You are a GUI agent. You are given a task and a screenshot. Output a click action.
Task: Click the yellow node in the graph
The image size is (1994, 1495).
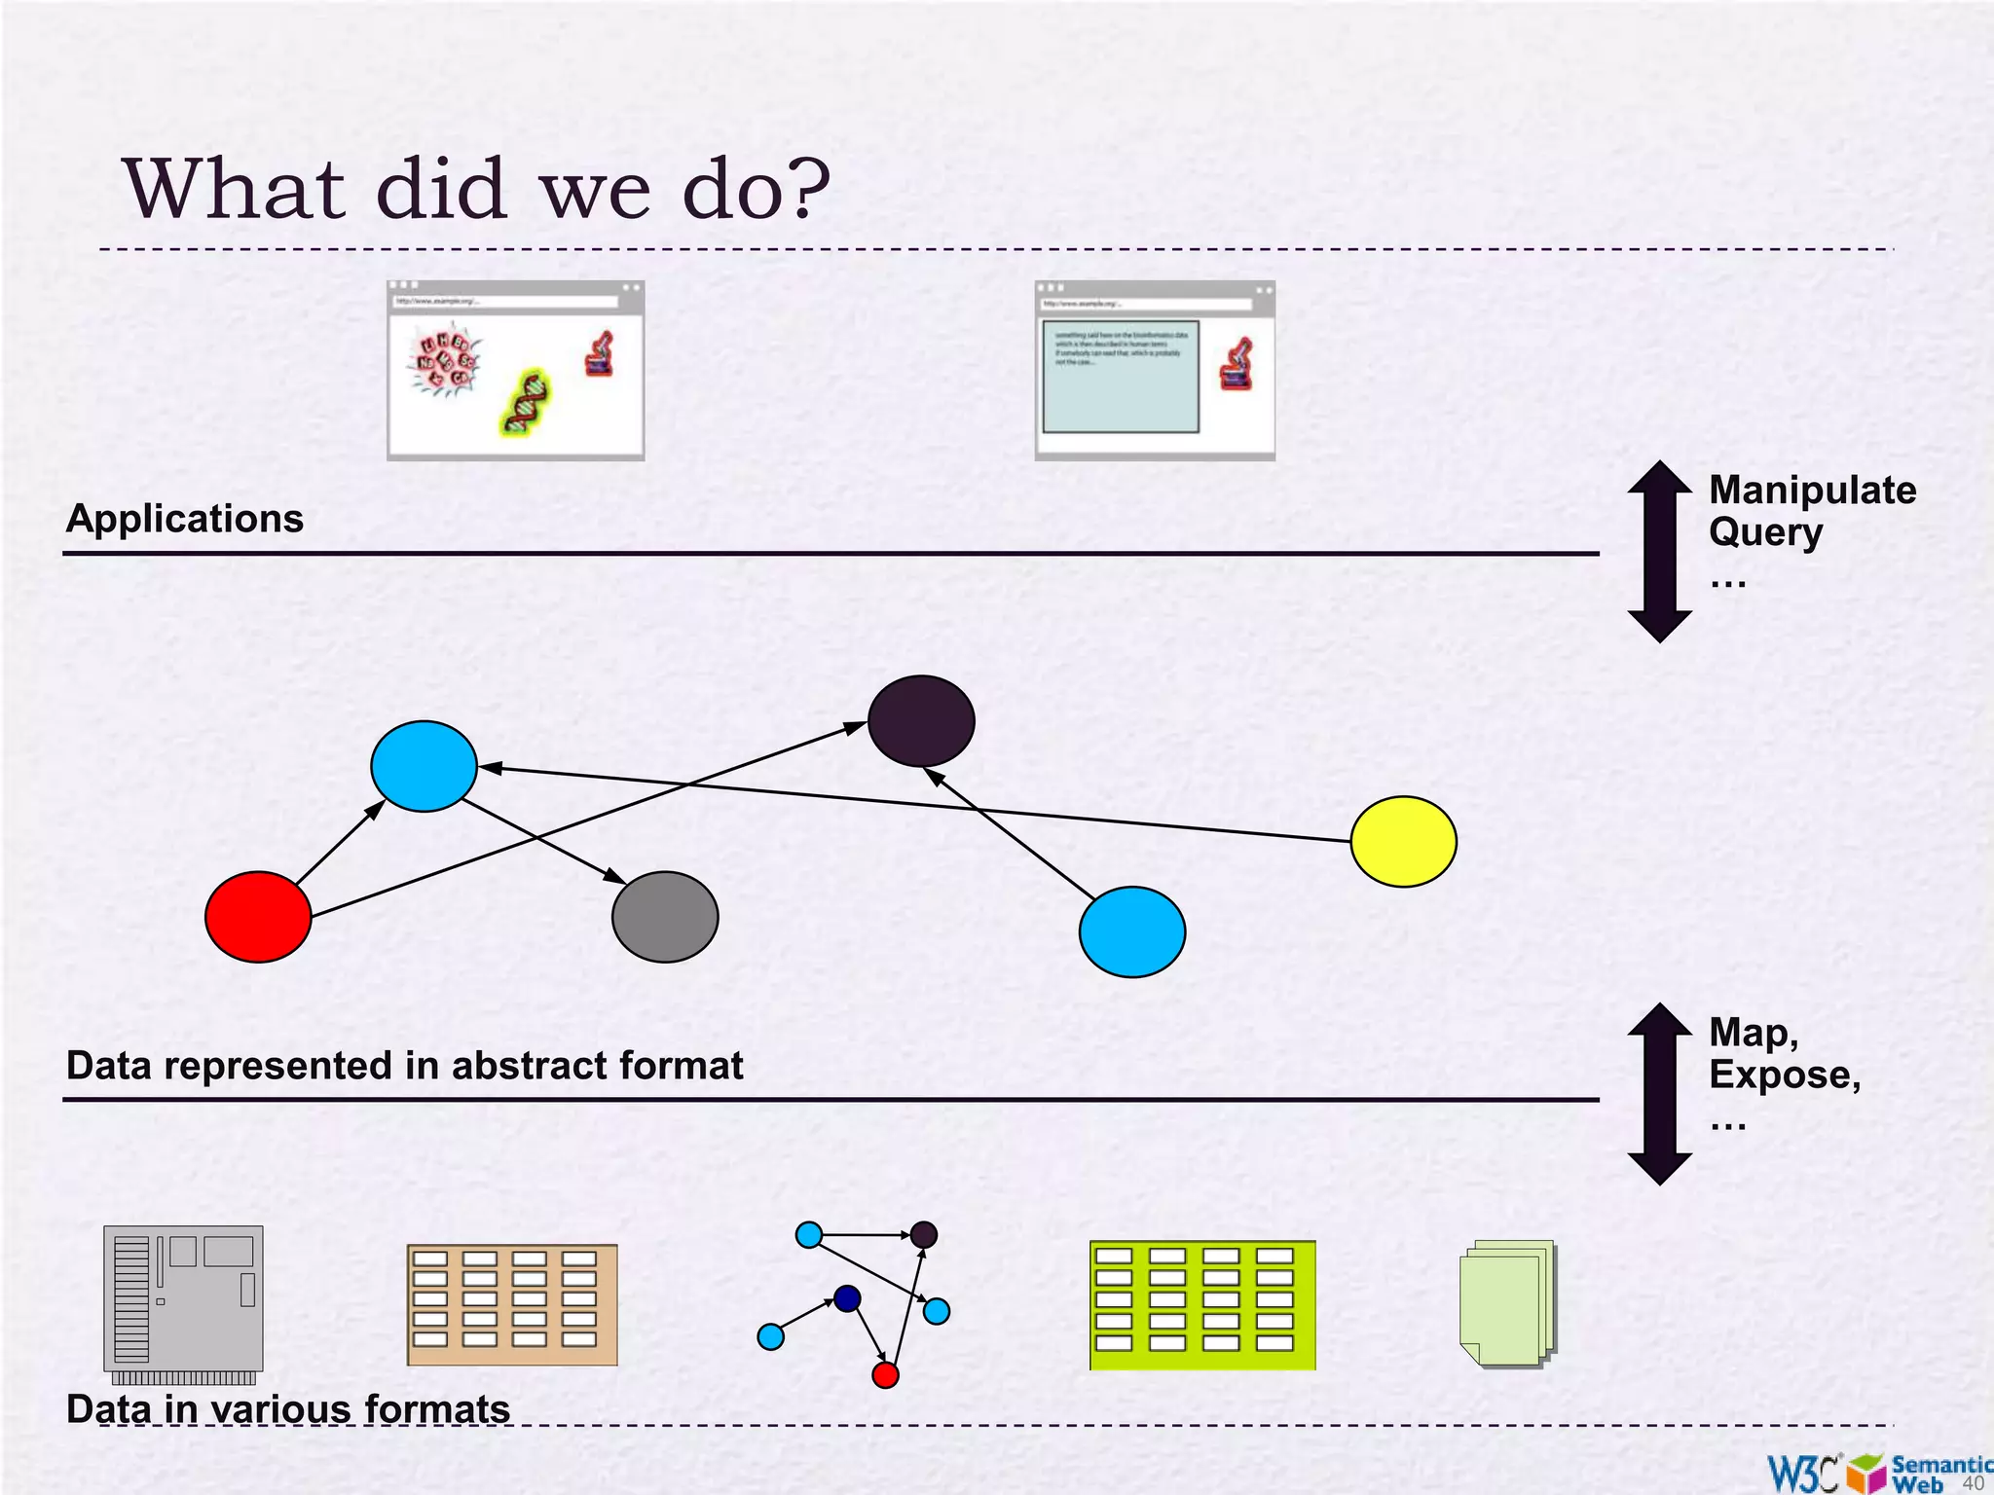pos(1403,841)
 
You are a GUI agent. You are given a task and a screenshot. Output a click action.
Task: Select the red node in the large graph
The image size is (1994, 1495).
pos(258,917)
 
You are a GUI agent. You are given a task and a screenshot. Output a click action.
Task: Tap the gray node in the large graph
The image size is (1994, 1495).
pos(665,917)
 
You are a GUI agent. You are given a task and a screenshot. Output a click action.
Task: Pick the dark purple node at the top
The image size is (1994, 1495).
pos(921,721)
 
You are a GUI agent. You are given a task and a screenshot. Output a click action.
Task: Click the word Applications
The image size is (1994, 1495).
pos(185,519)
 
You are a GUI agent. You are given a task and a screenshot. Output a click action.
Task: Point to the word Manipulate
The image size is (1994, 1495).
pos(1812,491)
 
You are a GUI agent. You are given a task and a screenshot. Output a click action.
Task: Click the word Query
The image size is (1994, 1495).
pos(1765,533)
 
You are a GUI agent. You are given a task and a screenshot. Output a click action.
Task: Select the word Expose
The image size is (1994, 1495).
pos(1784,1075)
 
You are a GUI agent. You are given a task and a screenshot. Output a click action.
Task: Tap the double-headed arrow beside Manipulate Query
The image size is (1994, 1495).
pos(1660,551)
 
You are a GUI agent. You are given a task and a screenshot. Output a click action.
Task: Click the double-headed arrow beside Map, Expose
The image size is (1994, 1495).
pos(1660,1093)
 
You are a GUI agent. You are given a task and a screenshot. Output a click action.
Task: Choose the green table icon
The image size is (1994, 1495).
pos(1202,1305)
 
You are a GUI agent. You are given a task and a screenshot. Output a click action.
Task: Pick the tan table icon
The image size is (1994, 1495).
pos(512,1305)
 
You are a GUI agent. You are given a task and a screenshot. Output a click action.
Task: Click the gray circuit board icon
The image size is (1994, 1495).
pos(183,1299)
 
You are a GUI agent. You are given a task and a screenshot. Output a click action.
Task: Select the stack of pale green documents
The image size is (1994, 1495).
pos(1507,1304)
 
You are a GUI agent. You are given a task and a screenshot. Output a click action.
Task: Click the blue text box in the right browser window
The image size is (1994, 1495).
pos(1121,377)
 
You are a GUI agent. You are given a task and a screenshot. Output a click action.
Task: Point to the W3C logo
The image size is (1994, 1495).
pos(1802,1473)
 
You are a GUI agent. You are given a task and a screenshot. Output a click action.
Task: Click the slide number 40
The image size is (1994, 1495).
pos(1973,1483)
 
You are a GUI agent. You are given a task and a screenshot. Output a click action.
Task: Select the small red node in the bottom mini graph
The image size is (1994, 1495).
pos(885,1374)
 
